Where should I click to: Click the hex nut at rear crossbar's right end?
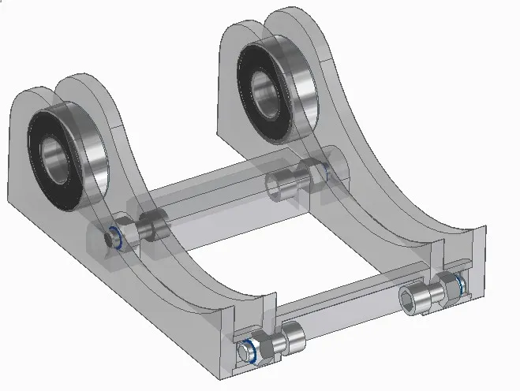click(314, 171)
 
